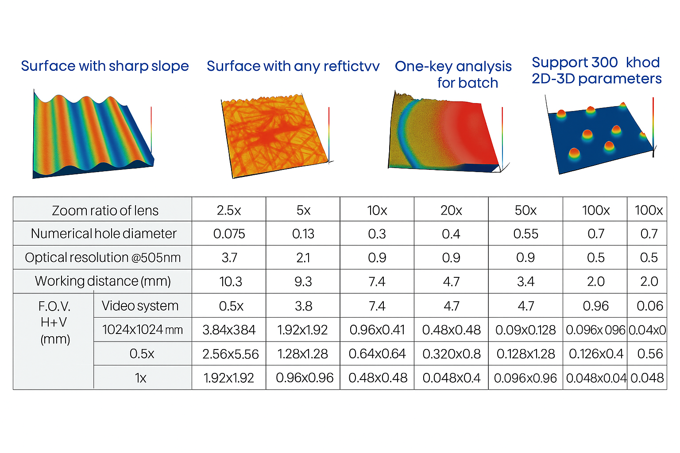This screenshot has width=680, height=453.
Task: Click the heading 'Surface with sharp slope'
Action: [x=105, y=66]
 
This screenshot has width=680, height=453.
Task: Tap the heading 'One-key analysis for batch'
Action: [x=453, y=74]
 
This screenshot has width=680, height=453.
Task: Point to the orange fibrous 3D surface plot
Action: [x=274, y=135]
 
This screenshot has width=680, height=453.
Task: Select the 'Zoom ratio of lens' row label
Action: [x=105, y=211]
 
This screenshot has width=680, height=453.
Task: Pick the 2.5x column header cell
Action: [x=229, y=211]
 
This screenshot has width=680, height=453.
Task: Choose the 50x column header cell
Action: [x=525, y=211]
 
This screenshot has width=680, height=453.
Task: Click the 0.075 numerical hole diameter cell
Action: [x=229, y=234]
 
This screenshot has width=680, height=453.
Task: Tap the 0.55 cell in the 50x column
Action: [x=525, y=234]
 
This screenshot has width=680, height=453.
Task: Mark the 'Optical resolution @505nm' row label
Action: [x=103, y=257]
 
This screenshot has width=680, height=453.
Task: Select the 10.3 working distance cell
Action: [x=231, y=281]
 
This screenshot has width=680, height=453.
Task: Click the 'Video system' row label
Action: [x=140, y=306]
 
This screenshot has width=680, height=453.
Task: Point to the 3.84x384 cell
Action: [x=229, y=330]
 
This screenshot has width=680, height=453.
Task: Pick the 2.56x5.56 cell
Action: [x=230, y=354]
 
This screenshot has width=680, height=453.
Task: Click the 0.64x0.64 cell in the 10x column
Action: [x=377, y=354]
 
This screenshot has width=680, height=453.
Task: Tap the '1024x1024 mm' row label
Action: [x=142, y=330]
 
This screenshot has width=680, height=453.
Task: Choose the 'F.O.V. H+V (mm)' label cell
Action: [x=54, y=323]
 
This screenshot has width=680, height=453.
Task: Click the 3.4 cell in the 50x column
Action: [x=525, y=281]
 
